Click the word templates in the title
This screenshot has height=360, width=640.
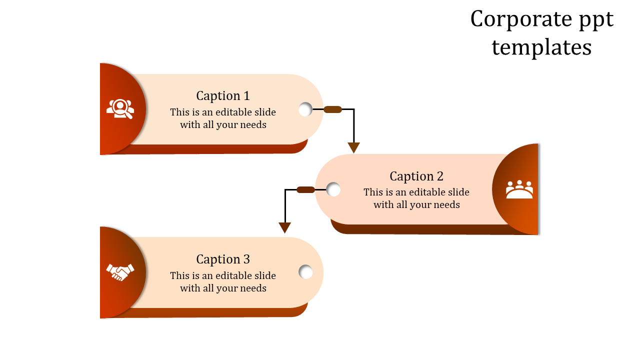pos(541,47)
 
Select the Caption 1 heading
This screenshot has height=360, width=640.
pos(223,95)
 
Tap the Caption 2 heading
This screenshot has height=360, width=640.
pos(416,176)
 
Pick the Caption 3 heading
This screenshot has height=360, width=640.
pos(223,259)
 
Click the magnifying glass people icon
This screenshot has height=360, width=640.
pos(120,109)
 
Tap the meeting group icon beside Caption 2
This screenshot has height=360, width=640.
pos(519,189)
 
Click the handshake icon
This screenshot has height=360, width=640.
pos(120,272)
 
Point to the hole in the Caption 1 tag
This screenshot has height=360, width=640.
pos(305,109)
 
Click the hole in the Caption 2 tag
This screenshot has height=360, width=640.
pos(333,189)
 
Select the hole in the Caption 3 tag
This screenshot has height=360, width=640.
pos(305,272)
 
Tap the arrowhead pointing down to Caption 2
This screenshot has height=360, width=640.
pos(354,147)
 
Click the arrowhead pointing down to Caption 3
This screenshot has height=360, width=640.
pos(285,228)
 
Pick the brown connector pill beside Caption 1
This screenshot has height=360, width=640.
pos(333,109)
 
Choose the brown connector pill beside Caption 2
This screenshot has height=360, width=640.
pos(305,189)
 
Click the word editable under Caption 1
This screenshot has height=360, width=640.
pos(234,112)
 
